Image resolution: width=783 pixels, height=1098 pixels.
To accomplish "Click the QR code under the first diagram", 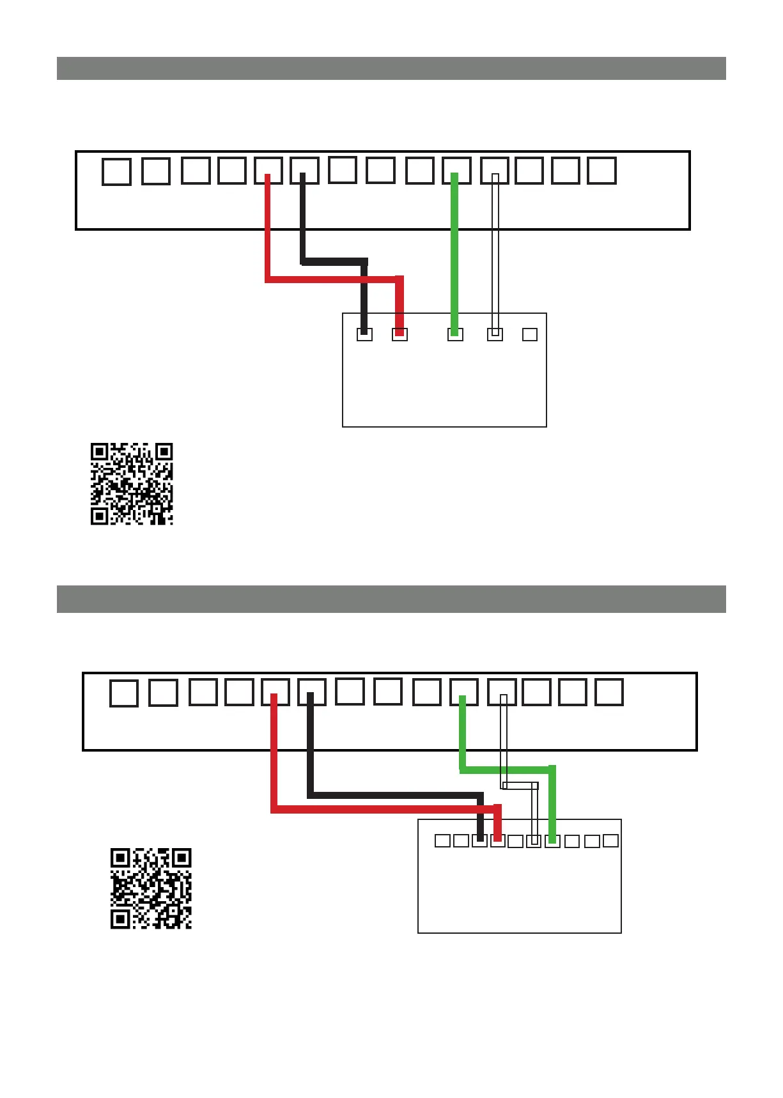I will [x=132, y=484].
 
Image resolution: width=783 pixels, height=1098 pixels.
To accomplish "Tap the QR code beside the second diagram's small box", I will [x=151, y=888].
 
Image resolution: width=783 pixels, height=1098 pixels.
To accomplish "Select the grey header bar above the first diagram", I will [x=391, y=68].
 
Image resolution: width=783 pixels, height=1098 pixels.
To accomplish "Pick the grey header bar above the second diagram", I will [x=391, y=599].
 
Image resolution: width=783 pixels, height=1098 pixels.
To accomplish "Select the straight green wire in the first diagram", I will [x=454, y=256].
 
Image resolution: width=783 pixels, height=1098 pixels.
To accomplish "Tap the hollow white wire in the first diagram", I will [x=495, y=256].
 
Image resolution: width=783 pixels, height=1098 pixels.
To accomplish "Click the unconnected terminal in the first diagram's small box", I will [x=530, y=334].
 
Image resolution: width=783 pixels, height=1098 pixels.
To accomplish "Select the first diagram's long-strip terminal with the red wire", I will [x=268, y=171].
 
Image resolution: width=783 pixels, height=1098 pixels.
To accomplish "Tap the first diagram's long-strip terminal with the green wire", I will [x=456, y=171].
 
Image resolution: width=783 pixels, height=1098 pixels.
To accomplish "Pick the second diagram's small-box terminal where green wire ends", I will [x=552, y=841].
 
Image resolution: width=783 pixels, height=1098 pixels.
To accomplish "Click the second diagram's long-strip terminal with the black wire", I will [x=311, y=692].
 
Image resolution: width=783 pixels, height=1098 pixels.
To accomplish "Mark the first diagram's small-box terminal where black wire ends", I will [x=364, y=334].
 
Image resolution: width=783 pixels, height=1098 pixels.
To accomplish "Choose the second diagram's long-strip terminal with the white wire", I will [x=502, y=692].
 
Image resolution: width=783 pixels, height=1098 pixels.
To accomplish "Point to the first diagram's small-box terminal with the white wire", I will [x=495, y=334].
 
